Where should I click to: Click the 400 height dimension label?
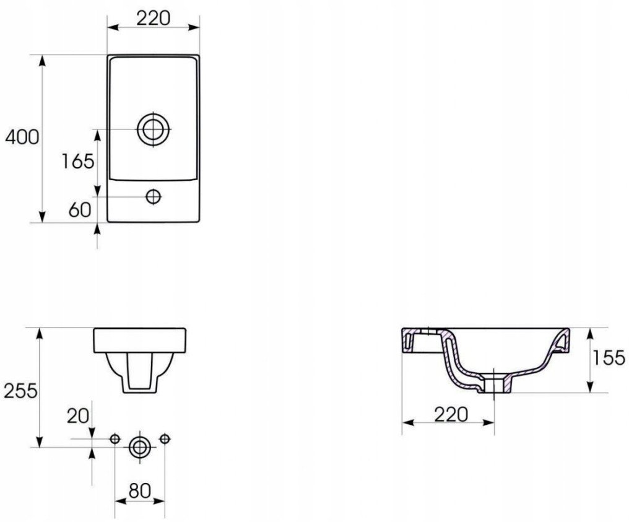[22, 137]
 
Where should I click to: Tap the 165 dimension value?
[78, 161]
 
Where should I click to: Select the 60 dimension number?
[80, 209]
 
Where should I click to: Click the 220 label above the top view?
[154, 18]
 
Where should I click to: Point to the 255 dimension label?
[20, 391]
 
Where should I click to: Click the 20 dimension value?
[78, 416]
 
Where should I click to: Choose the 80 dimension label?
[139, 490]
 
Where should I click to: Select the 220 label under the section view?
[451, 414]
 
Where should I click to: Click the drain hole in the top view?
[154, 129]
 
